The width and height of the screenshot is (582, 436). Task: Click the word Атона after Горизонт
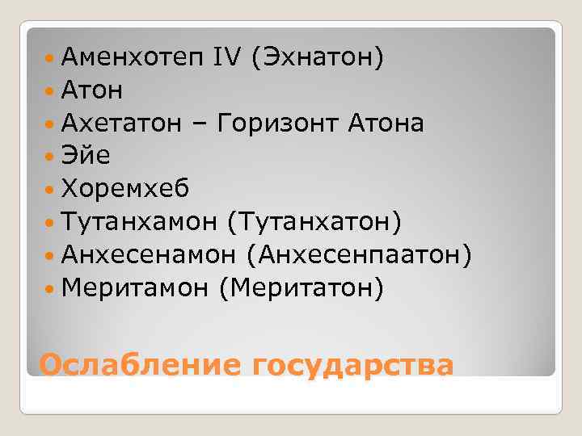click(386, 124)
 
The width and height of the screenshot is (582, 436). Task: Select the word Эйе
click(86, 156)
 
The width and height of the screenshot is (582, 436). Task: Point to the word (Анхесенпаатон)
click(360, 254)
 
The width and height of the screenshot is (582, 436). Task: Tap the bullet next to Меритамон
click(53, 287)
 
